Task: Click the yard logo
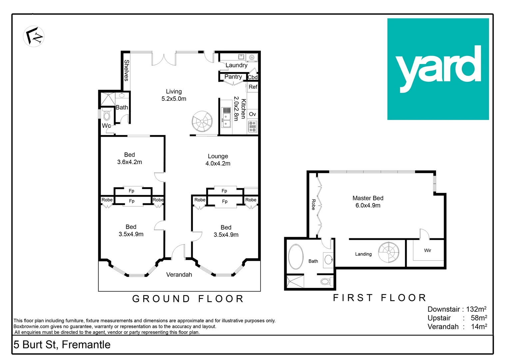[438, 69]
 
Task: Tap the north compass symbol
[34, 36]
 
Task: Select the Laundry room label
[237, 65]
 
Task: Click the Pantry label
[233, 77]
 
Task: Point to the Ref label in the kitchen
[253, 87]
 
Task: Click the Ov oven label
[253, 114]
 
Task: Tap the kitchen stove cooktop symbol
[253, 127]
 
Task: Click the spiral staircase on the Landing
[388, 252]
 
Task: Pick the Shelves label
[126, 70]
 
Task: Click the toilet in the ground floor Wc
[107, 115]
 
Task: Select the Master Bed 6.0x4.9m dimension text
[368, 206]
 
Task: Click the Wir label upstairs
[427, 250]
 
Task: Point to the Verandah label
[179, 275]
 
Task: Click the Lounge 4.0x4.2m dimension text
[218, 164]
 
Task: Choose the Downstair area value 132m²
[476, 309]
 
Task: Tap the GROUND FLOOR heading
[188, 299]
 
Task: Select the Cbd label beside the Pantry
[253, 77]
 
